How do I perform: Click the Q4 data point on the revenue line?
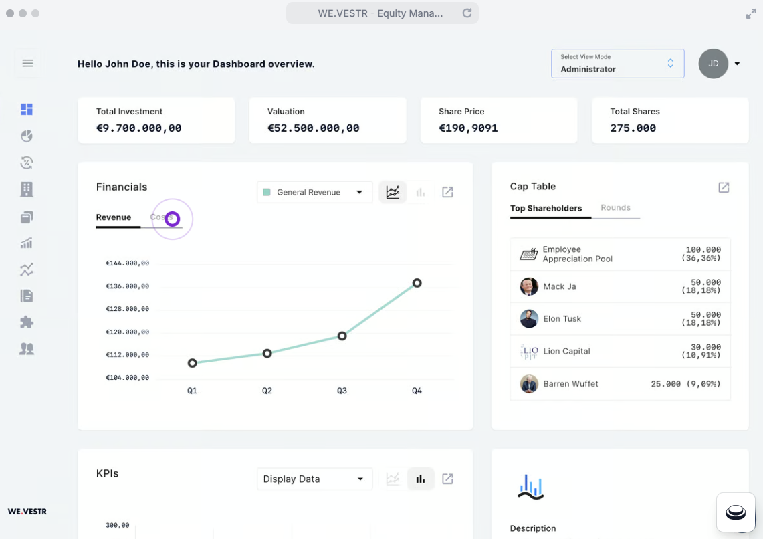[x=417, y=283]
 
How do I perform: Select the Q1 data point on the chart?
[x=193, y=363]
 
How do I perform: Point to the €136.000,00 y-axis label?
[x=127, y=286]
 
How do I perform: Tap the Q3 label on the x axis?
[x=342, y=391]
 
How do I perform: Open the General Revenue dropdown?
[x=314, y=192]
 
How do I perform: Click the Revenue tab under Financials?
[x=114, y=217]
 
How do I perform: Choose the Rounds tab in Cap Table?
[x=615, y=208]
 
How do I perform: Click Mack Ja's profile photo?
[x=529, y=286]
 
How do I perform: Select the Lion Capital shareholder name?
[x=566, y=351]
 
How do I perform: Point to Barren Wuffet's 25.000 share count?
[x=665, y=384]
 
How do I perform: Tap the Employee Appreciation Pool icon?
[x=529, y=254]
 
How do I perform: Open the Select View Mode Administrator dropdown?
[x=617, y=64]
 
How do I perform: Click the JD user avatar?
[x=714, y=64]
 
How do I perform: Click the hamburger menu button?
[x=27, y=63]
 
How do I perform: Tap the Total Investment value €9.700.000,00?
[x=139, y=128]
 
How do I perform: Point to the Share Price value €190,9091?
[x=468, y=128]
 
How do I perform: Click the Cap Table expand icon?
[x=724, y=187]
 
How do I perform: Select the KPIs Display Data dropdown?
[x=314, y=479]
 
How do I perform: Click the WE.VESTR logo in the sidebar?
[x=27, y=512]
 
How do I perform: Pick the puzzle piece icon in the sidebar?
[x=27, y=322]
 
